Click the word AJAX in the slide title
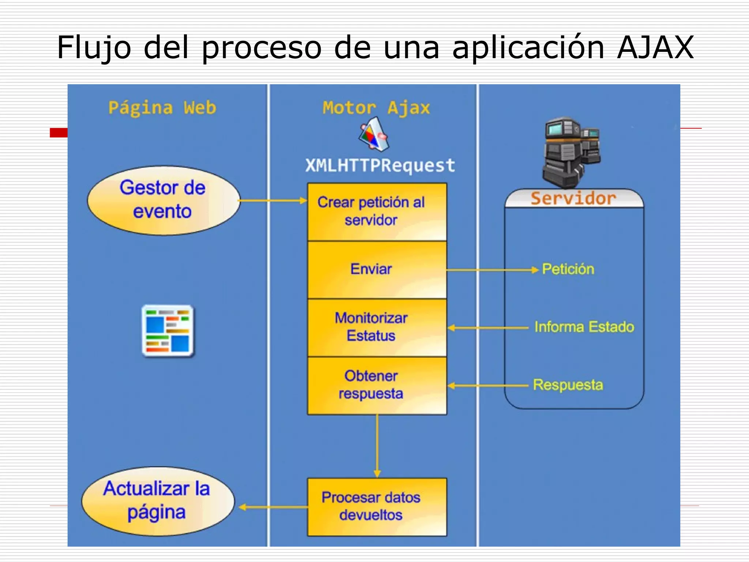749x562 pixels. [x=655, y=47]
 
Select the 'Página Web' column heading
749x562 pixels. [x=162, y=108]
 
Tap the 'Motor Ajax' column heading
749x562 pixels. [x=376, y=108]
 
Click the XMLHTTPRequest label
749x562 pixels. [x=380, y=166]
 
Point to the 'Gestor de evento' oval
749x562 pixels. [x=163, y=200]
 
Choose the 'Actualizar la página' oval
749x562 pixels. [x=158, y=501]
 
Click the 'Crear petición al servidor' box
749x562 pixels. [x=377, y=212]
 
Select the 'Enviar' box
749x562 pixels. [x=377, y=270]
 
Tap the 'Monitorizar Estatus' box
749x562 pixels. [x=377, y=327]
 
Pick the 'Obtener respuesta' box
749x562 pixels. [x=377, y=385]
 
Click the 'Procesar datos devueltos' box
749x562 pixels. [x=377, y=507]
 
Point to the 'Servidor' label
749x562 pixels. [x=573, y=199]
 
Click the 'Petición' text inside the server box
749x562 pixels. [x=568, y=269]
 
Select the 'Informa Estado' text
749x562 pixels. [x=584, y=327]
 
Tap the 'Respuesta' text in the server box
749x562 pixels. [x=568, y=385]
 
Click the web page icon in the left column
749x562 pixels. [x=168, y=331]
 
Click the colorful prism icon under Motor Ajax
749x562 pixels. [x=373, y=134]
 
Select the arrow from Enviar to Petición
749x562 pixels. [x=492, y=270]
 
